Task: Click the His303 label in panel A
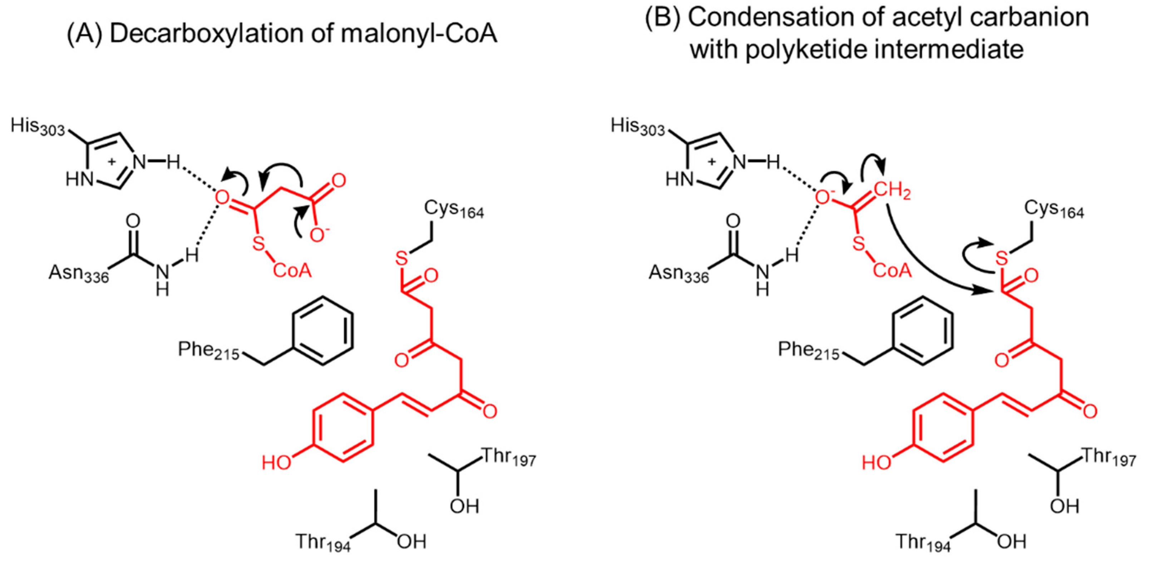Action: pos(38,127)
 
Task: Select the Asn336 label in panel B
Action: pos(678,273)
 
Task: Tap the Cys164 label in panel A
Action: pos(454,209)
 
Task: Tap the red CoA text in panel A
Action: pos(292,270)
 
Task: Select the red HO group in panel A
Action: pos(276,463)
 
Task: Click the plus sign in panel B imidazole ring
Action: pos(712,161)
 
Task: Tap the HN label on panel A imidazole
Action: pos(79,180)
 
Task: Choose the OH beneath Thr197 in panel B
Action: pos(1064,506)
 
